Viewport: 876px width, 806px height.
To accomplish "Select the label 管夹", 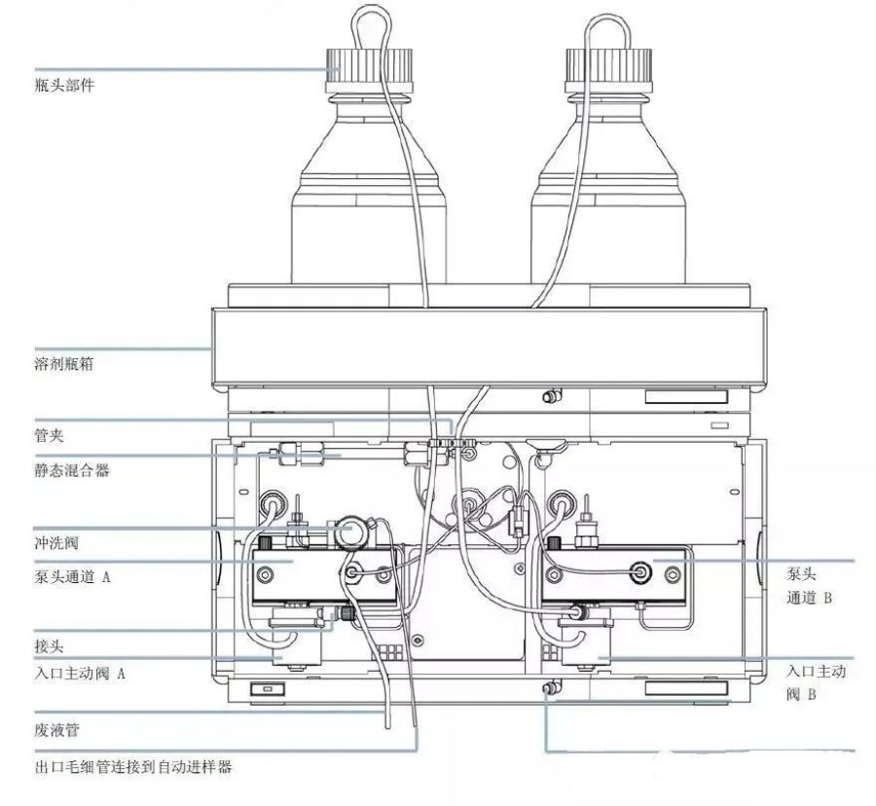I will pyautogui.click(x=47, y=438).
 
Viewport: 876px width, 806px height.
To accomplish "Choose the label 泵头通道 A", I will pyautogui.click(x=72, y=577).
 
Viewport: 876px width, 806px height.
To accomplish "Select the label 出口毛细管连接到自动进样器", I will pyautogui.click(x=132, y=766).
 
